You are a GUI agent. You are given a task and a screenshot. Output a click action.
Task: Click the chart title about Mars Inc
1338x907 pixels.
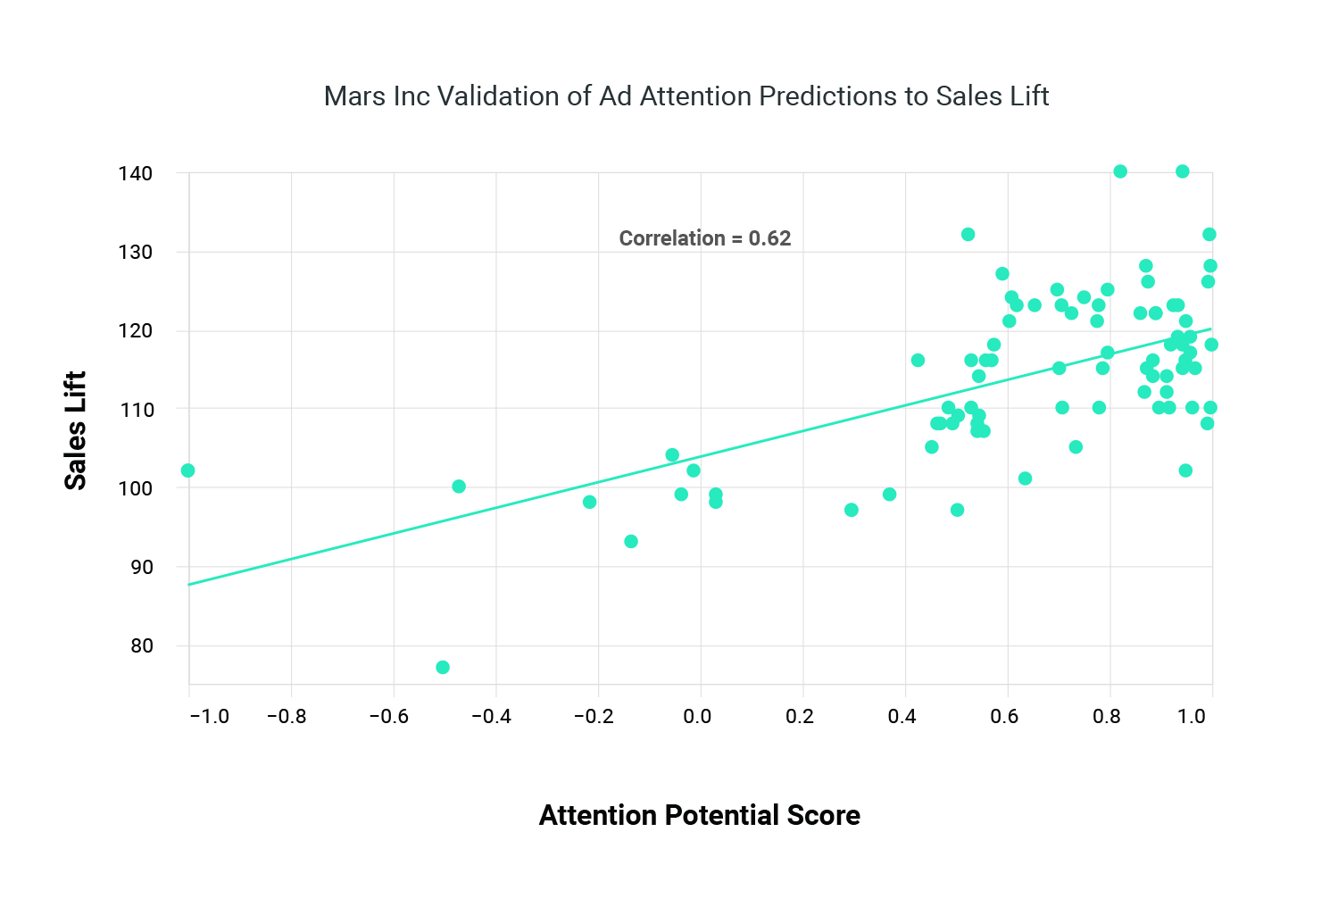click(686, 96)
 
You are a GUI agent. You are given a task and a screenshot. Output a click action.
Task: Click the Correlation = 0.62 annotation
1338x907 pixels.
click(705, 238)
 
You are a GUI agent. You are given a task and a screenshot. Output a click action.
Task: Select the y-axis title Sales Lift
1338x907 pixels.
click(76, 430)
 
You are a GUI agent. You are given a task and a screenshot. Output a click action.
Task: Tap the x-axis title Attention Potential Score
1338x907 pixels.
click(699, 815)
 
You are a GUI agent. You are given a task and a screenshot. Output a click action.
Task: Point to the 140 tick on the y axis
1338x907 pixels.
click(135, 173)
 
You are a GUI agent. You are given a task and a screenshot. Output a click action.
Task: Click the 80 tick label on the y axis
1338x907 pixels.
click(141, 645)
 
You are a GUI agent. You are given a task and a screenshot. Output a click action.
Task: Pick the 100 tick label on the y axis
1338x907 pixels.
click(135, 488)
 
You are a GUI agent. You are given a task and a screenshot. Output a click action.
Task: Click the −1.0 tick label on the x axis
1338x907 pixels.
click(209, 716)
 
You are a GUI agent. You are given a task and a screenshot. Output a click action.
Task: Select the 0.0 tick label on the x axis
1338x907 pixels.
click(697, 716)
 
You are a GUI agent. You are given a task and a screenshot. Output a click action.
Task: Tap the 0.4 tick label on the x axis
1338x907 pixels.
click(902, 716)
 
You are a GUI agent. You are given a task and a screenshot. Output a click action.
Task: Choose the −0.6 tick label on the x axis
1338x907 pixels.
click(388, 716)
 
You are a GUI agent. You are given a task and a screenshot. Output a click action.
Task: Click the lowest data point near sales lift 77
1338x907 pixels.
click(443, 668)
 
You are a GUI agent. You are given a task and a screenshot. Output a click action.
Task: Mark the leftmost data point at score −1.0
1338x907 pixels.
click(187, 470)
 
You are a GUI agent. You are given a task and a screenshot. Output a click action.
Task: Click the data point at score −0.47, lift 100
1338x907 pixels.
click(459, 487)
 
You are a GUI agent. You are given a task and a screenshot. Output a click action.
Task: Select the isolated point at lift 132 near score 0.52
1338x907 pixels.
click(968, 235)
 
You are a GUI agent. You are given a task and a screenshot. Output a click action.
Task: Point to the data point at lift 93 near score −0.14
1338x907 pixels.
click(631, 542)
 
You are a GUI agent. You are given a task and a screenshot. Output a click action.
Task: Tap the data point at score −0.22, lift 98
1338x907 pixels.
click(589, 503)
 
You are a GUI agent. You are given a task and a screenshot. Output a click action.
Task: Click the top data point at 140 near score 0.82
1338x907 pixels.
click(1120, 171)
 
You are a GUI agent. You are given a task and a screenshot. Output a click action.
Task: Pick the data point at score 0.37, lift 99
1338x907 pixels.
click(889, 495)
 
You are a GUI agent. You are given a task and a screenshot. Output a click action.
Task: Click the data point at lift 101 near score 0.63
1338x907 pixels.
click(1025, 478)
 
